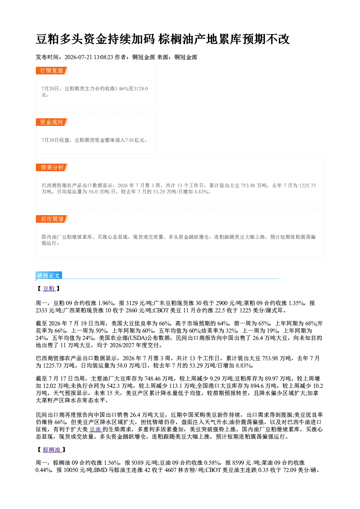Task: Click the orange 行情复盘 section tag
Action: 52,70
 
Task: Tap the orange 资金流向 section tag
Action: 52,122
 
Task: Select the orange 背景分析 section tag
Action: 52,168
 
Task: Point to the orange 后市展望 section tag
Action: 52,219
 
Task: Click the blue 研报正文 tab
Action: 49,276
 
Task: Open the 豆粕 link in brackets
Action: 49,288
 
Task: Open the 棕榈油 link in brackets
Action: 52,450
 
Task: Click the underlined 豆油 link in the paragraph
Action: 95,430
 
